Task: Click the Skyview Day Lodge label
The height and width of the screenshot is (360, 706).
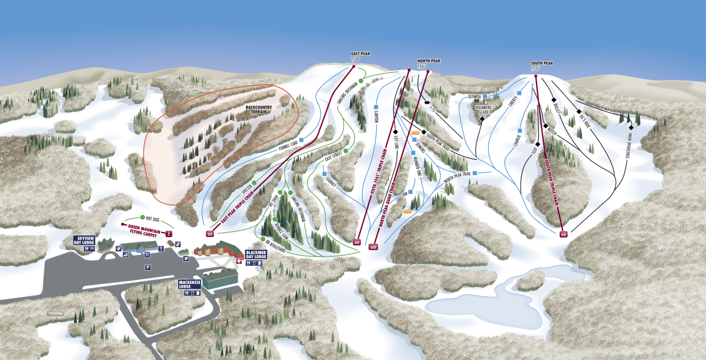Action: click(x=84, y=240)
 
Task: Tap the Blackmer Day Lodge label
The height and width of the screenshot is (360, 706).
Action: click(x=256, y=254)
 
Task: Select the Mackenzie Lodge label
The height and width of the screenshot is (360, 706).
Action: click(x=189, y=284)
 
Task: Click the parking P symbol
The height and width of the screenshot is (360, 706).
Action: click(x=147, y=267)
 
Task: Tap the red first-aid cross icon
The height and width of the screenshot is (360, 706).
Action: click(x=239, y=261)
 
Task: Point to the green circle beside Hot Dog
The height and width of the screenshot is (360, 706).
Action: click(x=142, y=217)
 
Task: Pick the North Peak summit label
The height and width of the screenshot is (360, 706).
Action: click(x=429, y=63)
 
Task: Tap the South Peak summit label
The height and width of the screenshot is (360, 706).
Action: click(x=542, y=66)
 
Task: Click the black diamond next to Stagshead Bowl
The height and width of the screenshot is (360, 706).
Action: click(x=631, y=127)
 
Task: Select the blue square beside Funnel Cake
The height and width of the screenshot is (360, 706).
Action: click(x=302, y=140)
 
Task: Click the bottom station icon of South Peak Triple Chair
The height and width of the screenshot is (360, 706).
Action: click(x=564, y=235)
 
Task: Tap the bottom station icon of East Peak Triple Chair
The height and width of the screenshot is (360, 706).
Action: click(x=210, y=234)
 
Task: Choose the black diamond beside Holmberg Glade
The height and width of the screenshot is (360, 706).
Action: click(x=482, y=119)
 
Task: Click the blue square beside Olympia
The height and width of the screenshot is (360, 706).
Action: click(x=485, y=96)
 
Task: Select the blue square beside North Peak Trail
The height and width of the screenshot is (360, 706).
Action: click(x=474, y=173)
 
